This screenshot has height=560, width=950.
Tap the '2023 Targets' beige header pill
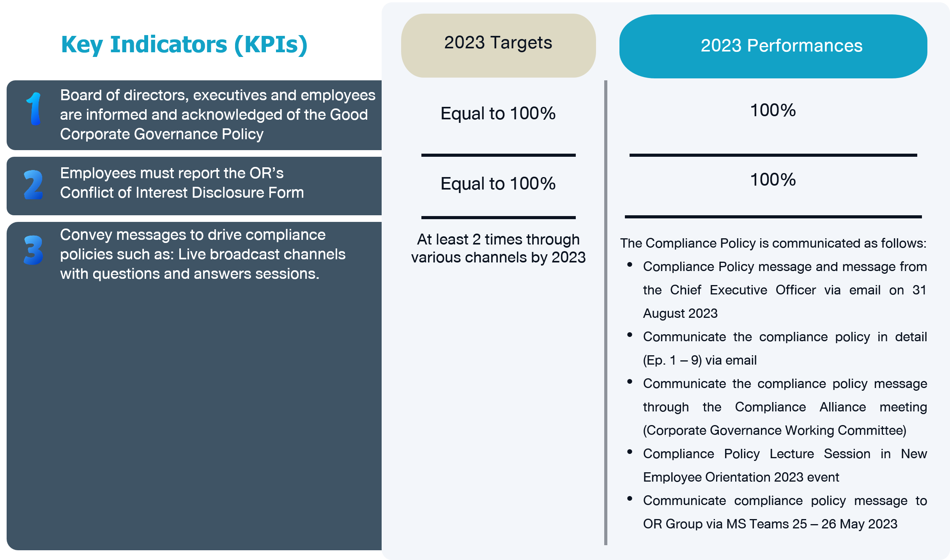(x=498, y=46)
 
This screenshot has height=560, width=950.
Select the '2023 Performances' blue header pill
(x=773, y=46)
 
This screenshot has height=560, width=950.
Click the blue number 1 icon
(x=34, y=109)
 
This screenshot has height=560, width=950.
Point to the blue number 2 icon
(x=34, y=185)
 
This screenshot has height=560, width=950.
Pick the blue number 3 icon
(x=34, y=250)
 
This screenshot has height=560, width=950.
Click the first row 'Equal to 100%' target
(x=498, y=113)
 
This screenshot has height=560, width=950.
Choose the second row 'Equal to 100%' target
(x=498, y=184)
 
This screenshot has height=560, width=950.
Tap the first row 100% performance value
(x=773, y=110)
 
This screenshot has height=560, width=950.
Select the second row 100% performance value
(x=773, y=180)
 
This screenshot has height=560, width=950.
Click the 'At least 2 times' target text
(x=498, y=248)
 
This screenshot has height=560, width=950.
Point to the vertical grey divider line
(x=606, y=313)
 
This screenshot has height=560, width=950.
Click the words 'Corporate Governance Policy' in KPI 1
(x=162, y=134)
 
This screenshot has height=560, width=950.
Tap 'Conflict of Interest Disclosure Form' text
(x=182, y=193)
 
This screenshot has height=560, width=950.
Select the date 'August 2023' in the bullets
(x=680, y=314)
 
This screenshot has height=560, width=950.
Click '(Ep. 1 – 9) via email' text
(x=700, y=360)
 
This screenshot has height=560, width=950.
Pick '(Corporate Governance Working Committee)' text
(x=775, y=431)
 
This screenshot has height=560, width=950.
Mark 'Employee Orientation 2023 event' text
(x=741, y=477)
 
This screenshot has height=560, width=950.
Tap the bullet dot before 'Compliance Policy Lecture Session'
(x=630, y=452)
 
